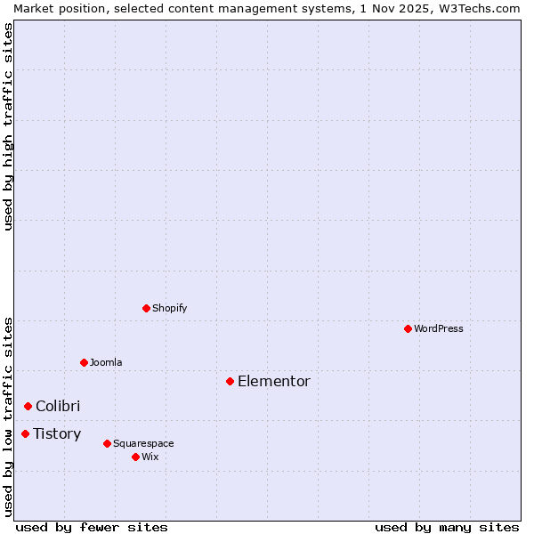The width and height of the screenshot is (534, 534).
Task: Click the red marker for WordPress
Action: pos(408,328)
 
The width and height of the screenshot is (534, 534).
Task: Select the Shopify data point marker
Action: pos(146,308)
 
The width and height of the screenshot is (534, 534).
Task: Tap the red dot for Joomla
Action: pos(84,362)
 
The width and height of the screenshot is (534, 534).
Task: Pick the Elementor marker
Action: pos(230,381)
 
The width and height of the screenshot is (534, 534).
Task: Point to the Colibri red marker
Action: pos(28,406)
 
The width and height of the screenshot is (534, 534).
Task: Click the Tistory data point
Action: pos(25,433)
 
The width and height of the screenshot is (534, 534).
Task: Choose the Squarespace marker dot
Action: pos(107,443)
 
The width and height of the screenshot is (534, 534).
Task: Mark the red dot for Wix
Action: pos(135,457)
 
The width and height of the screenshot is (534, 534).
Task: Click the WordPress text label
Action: pos(439,328)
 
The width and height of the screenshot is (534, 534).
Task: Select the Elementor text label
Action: pos(274,381)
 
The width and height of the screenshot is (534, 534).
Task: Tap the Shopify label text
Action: pos(170,308)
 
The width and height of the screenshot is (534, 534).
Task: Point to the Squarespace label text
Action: pos(143,443)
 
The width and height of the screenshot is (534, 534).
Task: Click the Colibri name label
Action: pos(58,406)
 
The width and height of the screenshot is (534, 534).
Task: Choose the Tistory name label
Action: pos(57,433)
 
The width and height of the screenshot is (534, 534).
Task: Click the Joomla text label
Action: pos(106,362)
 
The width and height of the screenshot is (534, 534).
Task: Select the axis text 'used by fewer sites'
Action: pos(92,527)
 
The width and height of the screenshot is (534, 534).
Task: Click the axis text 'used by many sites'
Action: pos(447,527)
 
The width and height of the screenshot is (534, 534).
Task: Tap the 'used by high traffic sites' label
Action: pos(9,126)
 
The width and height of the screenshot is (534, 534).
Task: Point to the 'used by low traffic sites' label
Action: pos(9,416)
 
